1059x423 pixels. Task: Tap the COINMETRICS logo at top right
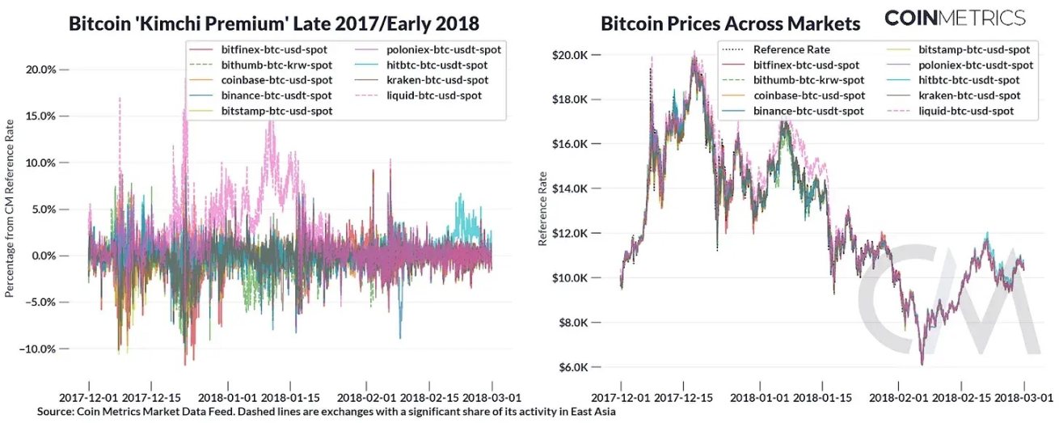[954, 18]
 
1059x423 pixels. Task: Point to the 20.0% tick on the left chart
[41, 70]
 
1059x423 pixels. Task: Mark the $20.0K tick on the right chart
[569, 55]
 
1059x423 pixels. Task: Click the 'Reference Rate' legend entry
[791, 49]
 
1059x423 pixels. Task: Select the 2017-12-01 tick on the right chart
[621, 398]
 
